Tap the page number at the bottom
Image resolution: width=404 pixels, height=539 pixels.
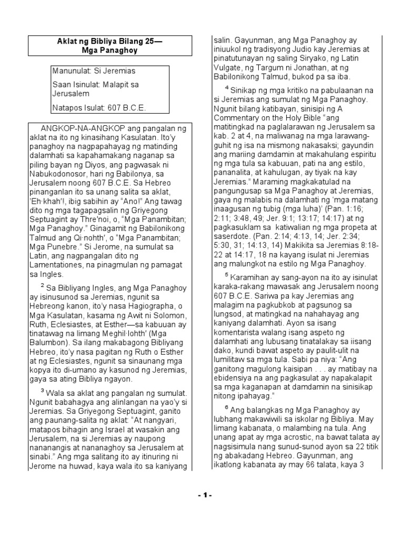[x=202, y=495]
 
